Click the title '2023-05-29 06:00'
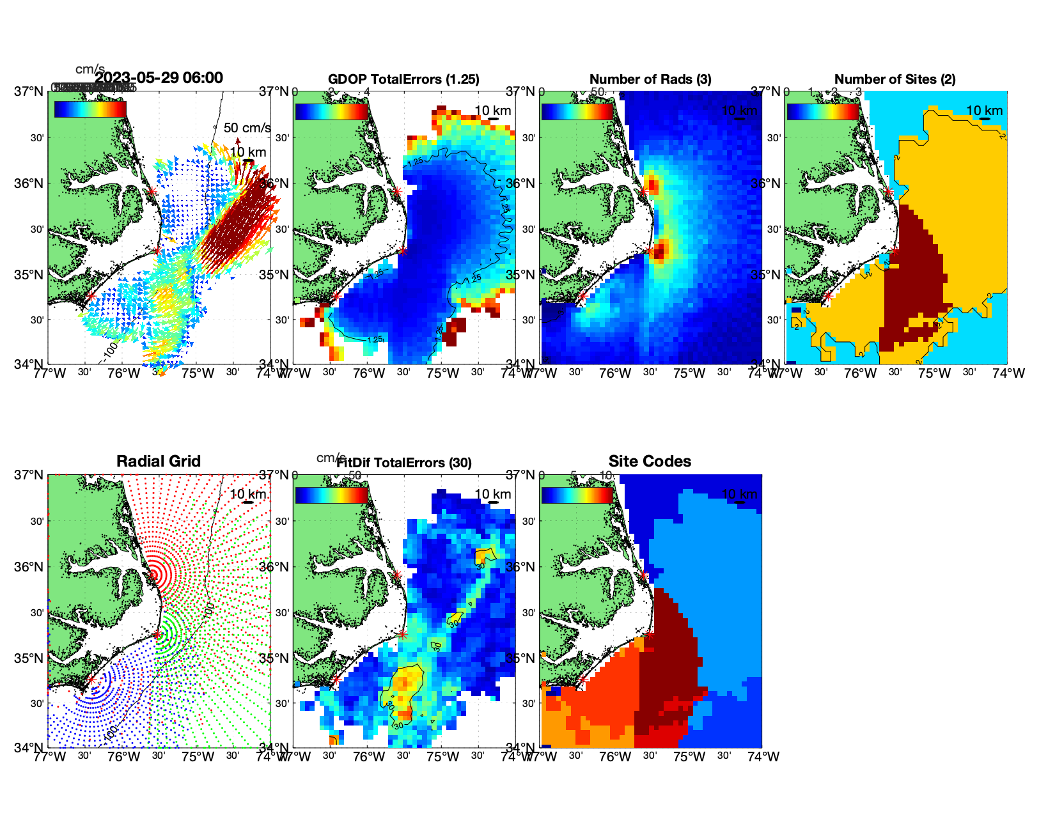(x=159, y=78)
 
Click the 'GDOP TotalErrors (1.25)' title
(x=403, y=79)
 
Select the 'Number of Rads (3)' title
(x=650, y=79)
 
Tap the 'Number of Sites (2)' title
(x=895, y=79)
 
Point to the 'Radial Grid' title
(x=159, y=462)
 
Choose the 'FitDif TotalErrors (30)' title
(x=405, y=463)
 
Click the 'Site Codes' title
(x=650, y=462)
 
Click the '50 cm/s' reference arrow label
(x=247, y=128)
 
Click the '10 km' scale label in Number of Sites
(x=984, y=111)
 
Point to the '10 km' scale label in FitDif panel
(x=492, y=494)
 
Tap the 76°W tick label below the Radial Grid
(x=123, y=757)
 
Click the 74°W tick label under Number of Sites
(x=1008, y=373)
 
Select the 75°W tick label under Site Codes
(x=689, y=757)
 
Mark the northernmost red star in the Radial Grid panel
(x=152, y=575)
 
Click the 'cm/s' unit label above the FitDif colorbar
(x=331, y=458)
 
